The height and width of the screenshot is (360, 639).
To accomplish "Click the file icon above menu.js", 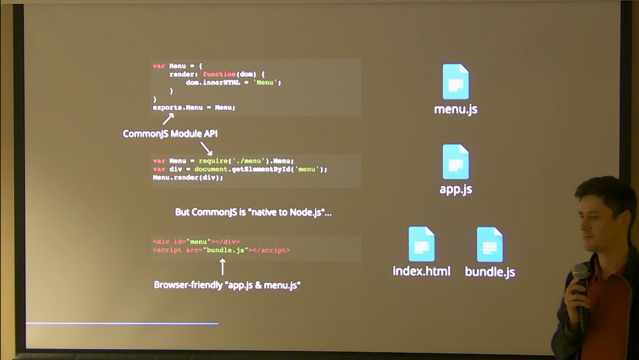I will pos(455,81).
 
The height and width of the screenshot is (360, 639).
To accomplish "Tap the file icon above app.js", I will pos(455,162).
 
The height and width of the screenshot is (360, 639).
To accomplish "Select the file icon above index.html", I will pos(421,244).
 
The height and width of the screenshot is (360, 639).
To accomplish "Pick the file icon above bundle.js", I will pos(489,244).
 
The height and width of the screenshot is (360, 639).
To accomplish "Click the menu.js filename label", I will pos(455,109).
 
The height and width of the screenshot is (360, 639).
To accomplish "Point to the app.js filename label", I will pos(455,189).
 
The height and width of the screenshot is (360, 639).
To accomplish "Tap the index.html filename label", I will pos(421,271).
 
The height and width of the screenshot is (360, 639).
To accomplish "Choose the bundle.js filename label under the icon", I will pos(489,272).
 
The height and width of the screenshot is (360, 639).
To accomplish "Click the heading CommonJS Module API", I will pos(170,134).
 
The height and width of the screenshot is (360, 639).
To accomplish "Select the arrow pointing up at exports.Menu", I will pos(168,118).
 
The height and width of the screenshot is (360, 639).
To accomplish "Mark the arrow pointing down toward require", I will pos(207,148).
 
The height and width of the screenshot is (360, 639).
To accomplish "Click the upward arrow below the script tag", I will pos(222,267).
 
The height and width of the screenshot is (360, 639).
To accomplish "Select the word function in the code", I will pos(219,74).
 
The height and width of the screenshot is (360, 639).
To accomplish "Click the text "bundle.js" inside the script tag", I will pos(226,250).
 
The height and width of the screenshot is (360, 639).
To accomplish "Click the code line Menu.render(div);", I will pos(188,178).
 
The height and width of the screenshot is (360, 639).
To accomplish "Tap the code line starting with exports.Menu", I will pos(193,107).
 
